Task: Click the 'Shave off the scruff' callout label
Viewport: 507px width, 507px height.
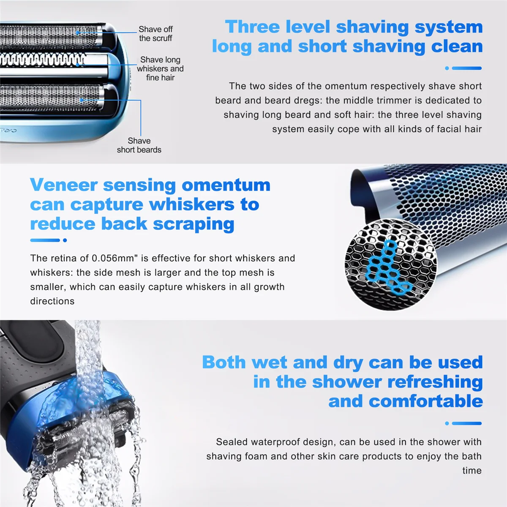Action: (155, 34)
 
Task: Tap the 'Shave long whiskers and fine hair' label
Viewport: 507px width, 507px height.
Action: (160, 68)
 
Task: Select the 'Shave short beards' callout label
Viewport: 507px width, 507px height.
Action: (139, 145)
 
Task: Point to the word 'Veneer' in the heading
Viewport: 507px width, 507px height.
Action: (63, 185)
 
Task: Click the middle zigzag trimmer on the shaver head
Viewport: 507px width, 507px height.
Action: (42, 60)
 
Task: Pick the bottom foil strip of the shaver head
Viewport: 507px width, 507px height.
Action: (51, 97)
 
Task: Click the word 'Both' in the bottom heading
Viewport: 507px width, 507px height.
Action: (224, 363)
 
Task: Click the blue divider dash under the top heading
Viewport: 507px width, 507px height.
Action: (466, 68)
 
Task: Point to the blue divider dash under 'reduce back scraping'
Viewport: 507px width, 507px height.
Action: (45, 240)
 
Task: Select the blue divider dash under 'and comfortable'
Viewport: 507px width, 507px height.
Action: (466, 423)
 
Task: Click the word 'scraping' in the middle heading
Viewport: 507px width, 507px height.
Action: (193, 224)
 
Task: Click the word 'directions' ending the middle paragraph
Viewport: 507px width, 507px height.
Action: (52, 301)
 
